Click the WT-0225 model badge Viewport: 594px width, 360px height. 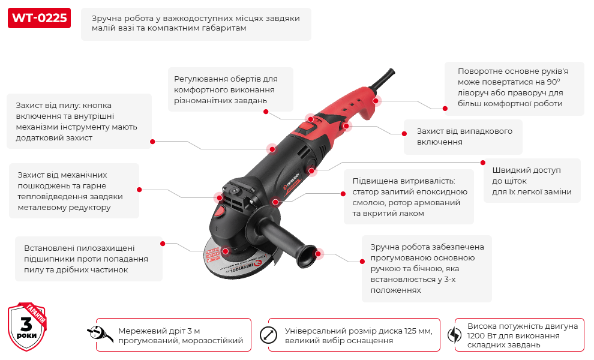pos(39,18)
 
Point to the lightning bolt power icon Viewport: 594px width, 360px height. pos(454,335)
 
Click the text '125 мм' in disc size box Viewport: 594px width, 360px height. pos(418,331)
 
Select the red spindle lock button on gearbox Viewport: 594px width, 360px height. pos(220,212)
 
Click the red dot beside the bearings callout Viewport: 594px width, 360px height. pos(162,244)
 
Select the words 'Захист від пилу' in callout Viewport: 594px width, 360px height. pos(47,105)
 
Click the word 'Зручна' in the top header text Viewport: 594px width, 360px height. pos(106,18)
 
